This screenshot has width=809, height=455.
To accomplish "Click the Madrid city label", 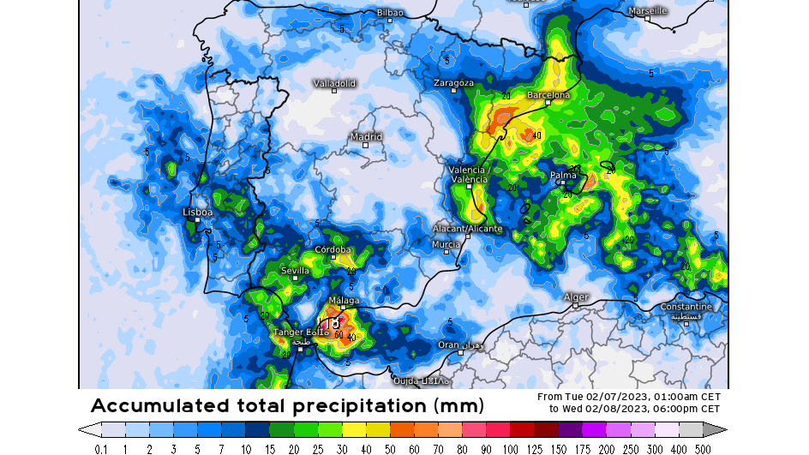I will (366, 137).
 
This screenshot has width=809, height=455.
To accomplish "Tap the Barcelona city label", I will (548, 95).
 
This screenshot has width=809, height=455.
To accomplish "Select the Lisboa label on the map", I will (198, 212).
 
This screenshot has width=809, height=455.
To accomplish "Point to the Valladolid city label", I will (334, 84).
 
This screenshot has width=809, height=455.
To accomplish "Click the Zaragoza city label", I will (453, 83).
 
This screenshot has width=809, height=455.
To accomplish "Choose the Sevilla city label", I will (295, 271).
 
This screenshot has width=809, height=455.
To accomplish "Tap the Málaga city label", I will (344, 300).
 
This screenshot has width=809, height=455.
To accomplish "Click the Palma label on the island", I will (563, 175).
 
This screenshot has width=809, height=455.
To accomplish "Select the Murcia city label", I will (446, 244).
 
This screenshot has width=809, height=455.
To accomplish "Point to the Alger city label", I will (576, 297).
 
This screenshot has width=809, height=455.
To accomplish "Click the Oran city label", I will (449, 344).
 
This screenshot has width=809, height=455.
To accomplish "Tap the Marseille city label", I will (647, 11).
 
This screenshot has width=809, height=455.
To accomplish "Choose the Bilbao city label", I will (390, 13).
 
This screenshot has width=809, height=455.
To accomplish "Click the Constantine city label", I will (686, 307).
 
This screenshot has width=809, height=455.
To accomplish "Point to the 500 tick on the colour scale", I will (703, 448).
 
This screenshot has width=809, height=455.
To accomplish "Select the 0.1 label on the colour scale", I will (101, 448).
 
